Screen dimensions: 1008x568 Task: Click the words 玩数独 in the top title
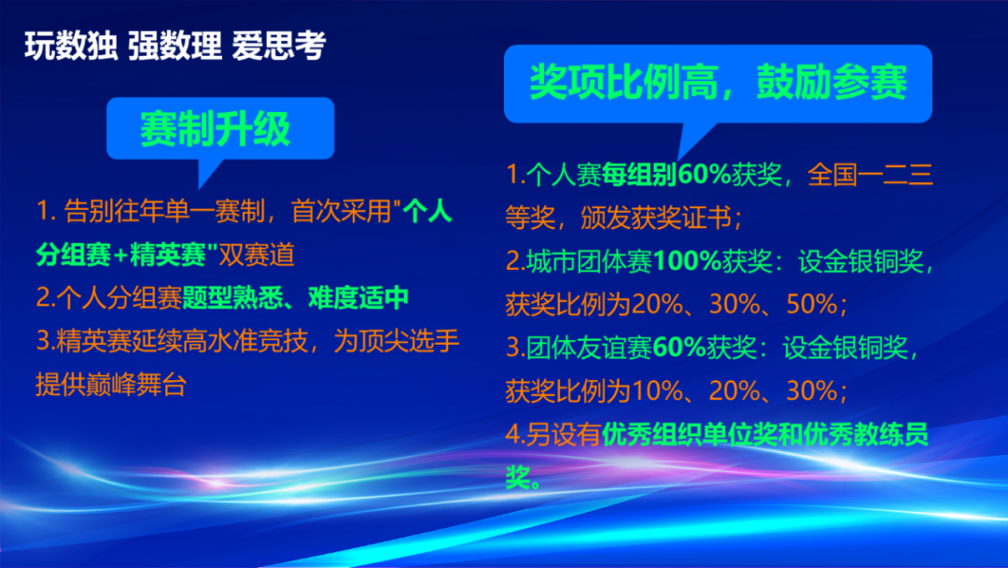[71, 47]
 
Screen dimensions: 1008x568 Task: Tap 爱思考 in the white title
[279, 47]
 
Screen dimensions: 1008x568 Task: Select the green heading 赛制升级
[216, 128]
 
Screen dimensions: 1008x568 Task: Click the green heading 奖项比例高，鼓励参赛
[718, 82]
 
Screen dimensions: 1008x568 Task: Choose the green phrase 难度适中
[358, 298]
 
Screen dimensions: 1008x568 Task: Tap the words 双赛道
[258, 255]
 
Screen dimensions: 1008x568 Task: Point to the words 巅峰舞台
[136, 385]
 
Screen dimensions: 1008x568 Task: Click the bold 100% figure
[687, 262]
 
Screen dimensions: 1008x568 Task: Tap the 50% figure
[812, 305]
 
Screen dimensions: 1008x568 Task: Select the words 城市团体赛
[590, 262]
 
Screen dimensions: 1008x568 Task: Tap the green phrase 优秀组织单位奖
[690, 434]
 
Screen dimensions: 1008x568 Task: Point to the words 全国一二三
[870, 175]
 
